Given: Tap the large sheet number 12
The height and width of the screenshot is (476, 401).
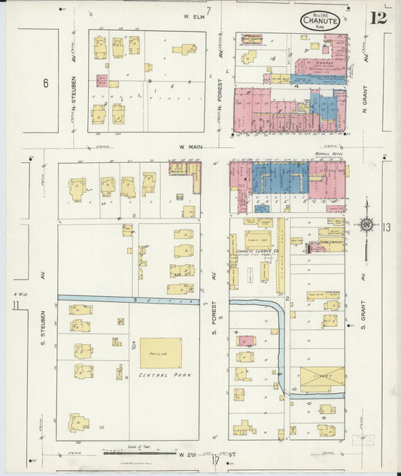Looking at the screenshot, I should [378, 17].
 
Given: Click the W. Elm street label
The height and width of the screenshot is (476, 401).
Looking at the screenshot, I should [194, 15].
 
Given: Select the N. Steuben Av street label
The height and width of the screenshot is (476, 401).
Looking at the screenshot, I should [75, 91].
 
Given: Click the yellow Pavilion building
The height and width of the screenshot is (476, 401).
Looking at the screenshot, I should [160, 352].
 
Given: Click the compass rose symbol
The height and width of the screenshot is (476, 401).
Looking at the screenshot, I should [366, 224].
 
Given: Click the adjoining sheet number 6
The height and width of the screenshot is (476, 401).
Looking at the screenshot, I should [45, 83].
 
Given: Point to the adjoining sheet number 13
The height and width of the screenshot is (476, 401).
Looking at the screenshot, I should [386, 227].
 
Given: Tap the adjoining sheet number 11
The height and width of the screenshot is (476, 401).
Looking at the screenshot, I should [16, 304].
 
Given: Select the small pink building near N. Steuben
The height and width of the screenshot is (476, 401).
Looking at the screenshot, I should [102, 80].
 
